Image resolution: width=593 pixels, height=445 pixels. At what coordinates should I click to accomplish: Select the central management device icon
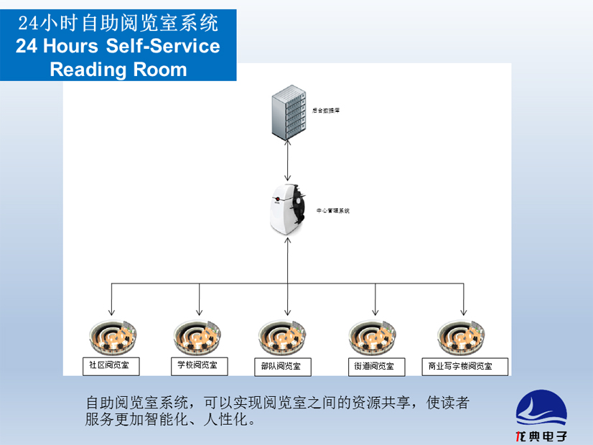pyautogui.click(x=287, y=209)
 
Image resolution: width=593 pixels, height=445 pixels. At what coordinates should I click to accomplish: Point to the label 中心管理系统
pyautogui.click(x=333, y=211)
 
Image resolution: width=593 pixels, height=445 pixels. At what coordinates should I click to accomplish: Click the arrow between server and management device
pyautogui.click(x=287, y=161)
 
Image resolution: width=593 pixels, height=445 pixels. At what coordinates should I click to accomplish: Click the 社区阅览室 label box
pyautogui.click(x=109, y=365)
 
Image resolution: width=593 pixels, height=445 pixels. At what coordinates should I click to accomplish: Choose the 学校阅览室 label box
pyautogui.click(x=197, y=365)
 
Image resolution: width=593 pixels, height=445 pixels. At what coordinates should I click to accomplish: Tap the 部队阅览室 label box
pyautogui.click(x=281, y=367)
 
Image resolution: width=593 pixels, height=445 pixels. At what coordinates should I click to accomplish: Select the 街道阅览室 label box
pyautogui.click(x=374, y=367)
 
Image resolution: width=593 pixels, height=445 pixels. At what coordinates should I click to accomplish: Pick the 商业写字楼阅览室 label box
pyautogui.click(x=460, y=367)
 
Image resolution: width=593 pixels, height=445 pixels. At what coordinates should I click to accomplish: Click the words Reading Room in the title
pyautogui.click(x=118, y=70)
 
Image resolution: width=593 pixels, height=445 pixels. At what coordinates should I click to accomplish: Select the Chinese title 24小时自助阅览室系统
pyautogui.click(x=118, y=23)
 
